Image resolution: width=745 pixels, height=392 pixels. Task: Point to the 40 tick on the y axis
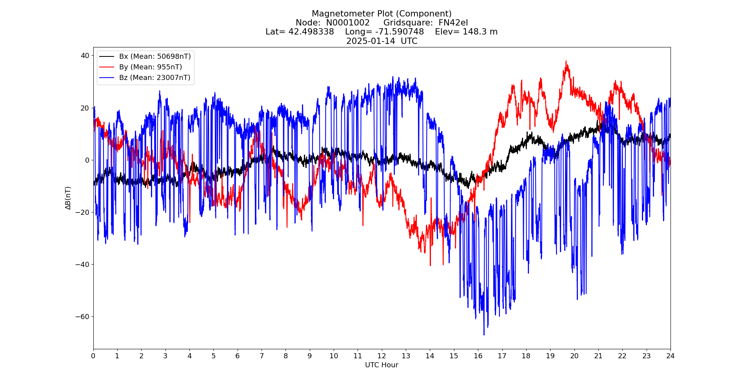85,56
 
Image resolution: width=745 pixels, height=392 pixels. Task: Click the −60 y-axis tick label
83,316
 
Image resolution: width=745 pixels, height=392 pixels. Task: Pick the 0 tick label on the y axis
87,160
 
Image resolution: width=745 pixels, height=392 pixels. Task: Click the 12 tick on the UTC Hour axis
382,356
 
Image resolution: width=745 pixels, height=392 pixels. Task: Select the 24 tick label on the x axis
670,356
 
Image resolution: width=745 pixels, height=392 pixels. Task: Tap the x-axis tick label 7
262,356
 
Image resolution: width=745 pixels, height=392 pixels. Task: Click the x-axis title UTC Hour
382,365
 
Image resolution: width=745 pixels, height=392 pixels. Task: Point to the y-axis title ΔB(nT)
68,198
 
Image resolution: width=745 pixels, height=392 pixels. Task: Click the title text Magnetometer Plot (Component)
382,14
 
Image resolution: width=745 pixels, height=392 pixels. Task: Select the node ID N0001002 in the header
348,23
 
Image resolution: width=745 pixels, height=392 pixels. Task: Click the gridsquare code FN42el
453,23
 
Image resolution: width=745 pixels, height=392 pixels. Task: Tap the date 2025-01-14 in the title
371,41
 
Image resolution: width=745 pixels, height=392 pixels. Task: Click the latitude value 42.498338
311,32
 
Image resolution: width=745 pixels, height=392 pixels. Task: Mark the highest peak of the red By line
566,61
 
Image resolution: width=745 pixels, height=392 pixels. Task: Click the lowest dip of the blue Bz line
484,334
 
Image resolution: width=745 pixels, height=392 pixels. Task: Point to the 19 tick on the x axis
550,356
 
